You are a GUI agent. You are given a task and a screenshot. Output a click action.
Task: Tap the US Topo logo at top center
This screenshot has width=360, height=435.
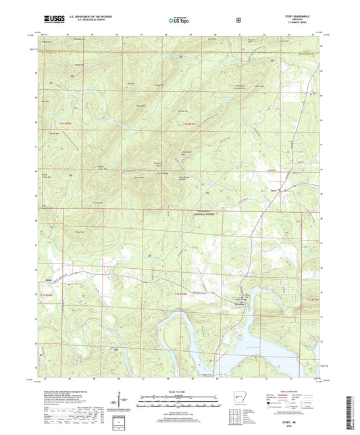click(178, 20)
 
